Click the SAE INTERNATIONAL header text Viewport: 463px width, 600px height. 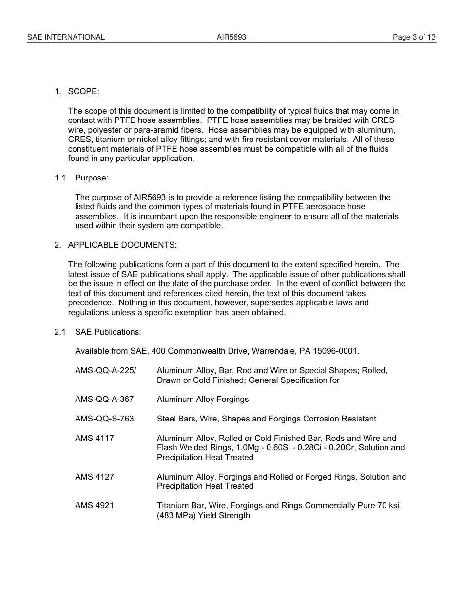click(66, 37)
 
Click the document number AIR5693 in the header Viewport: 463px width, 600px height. click(231, 37)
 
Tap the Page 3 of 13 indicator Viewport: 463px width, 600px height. click(414, 37)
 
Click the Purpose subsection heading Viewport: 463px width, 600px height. click(92, 178)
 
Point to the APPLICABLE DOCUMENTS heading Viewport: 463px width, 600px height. click(122, 245)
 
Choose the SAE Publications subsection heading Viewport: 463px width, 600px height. click(108, 332)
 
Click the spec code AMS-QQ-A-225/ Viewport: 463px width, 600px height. click(106, 371)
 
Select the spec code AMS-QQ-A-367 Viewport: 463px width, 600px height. click(104, 400)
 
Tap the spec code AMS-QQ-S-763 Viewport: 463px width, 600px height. click(104, 419)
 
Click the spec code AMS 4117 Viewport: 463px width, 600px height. click(95, 438)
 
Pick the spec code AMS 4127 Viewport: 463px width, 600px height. click(95, 477)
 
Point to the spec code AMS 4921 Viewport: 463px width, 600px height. click(95, 506)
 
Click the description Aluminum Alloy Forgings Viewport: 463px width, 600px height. click(203, 400)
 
